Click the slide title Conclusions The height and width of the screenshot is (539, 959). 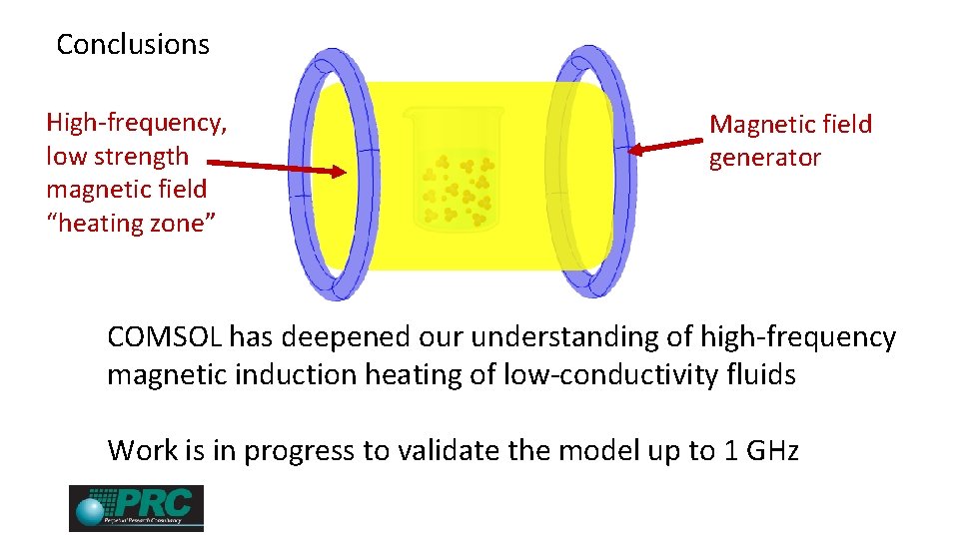133,45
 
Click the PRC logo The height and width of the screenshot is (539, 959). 136,508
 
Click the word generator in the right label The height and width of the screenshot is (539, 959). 764,158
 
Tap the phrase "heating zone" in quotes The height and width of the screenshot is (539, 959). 125,223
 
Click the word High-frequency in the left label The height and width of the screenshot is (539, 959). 137,123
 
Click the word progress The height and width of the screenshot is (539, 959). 302,451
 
